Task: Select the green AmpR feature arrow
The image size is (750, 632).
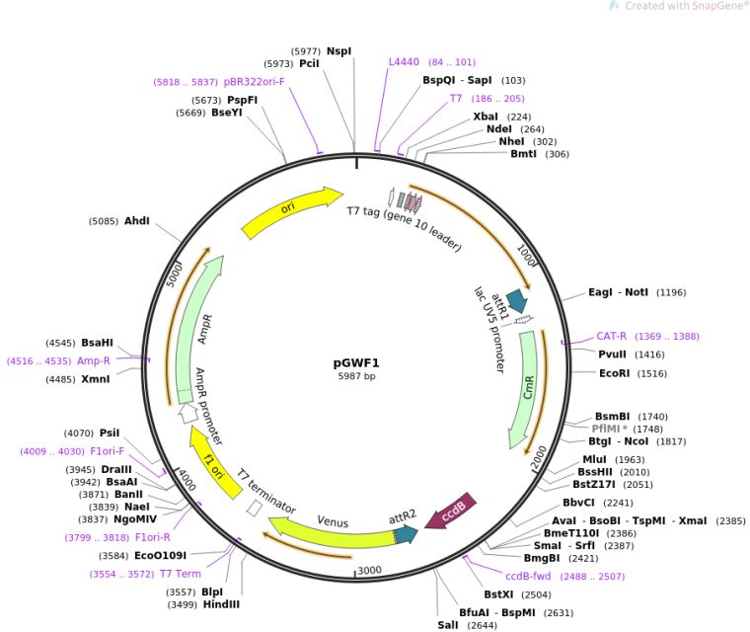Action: tap(197, 326)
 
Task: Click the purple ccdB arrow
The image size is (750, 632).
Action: tap(456, 512)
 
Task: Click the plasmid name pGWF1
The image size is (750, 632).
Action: tap(356, 362)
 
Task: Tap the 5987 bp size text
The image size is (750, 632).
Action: tap(356, 376)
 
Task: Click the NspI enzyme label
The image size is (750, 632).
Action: tap(338, 50)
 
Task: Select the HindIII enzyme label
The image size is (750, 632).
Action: tap(221, 604)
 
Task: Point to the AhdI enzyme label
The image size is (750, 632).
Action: tap(136, 221)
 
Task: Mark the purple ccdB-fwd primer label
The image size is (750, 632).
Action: tap(528, 576)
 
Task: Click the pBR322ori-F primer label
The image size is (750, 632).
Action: tap(254, 82)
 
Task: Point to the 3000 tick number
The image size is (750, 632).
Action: tap(369, 571)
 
